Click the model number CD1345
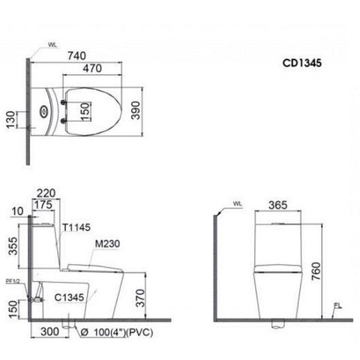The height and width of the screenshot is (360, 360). click(x=302, y=66)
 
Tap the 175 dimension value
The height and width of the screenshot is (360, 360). click(x=44, y=203)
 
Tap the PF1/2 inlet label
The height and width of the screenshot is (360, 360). click(x=13, y=281)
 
